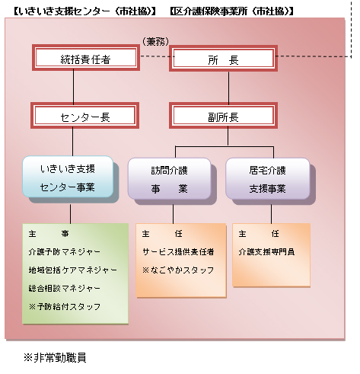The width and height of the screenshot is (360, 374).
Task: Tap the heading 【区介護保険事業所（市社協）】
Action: (x=233, y=11)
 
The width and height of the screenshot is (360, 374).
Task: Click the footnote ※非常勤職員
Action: (x=55, y=356)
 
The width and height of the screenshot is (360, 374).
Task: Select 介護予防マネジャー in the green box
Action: (x=64, y=251)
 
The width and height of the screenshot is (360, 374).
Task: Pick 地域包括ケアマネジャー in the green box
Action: (x=72, y=270)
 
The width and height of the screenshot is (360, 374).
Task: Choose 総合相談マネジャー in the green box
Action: (x=64, y=289)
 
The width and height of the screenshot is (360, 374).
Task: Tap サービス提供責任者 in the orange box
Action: (x=178, y=251)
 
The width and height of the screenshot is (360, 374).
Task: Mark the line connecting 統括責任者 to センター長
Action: (x=74, y=88)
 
